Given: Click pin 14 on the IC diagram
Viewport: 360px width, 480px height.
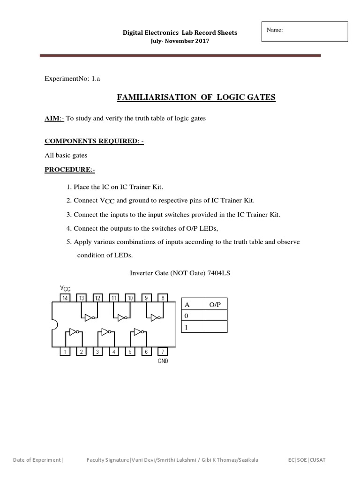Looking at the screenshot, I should click(65, 298).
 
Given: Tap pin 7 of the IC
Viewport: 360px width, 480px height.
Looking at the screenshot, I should click(163, 351).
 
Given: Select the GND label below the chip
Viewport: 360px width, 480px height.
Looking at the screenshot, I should click(163, 361).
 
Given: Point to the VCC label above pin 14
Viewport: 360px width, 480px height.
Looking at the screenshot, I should click(65, 287).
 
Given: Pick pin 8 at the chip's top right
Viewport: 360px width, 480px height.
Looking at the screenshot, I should click(163, 298).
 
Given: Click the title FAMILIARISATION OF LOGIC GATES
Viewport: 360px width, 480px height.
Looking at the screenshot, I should click(195, 97).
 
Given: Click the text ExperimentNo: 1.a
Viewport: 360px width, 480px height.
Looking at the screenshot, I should click(72, 79).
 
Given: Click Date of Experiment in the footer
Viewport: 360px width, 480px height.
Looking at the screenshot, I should click(37, 460).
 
